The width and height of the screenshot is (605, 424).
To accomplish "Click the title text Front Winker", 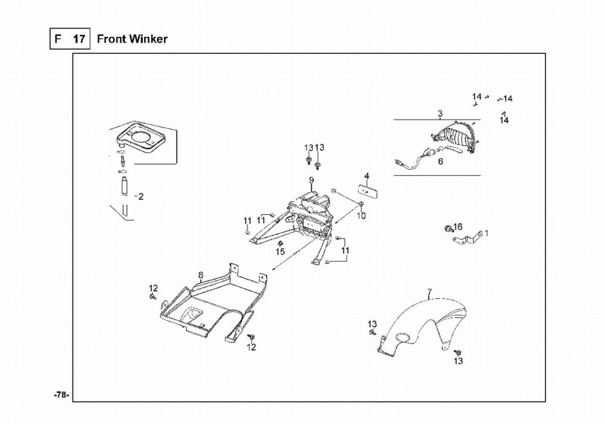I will [x=132, y=39].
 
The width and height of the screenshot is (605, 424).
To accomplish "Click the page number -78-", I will [x=61, y=394].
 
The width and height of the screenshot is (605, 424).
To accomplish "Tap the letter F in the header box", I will [x=58, y=39].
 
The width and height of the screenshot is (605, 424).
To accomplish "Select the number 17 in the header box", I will [x=79, y=39].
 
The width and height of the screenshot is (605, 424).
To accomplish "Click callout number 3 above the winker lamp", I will [x=440, y=114].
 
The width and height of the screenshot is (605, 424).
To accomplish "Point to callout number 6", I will [x=440, y=161].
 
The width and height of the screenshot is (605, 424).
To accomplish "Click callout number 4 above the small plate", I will [x=367, y=176].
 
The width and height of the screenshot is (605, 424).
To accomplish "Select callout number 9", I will [x=312, y=180].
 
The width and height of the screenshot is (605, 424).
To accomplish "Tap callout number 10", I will [x=362, y=216].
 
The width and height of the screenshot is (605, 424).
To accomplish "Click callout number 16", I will [x=458, y=226].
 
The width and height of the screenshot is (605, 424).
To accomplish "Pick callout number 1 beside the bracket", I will [x=486, y=232].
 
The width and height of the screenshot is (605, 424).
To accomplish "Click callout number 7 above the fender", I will [x=430, y=294].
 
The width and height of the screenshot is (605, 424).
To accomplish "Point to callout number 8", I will [x=200, y=275].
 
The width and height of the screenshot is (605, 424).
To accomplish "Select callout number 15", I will [x=280, y=251].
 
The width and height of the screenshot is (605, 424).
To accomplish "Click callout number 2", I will [x=140, y=197].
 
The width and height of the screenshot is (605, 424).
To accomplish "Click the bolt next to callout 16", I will [x=448, y=229].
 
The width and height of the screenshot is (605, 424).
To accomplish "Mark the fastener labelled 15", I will [x=280, y=243].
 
